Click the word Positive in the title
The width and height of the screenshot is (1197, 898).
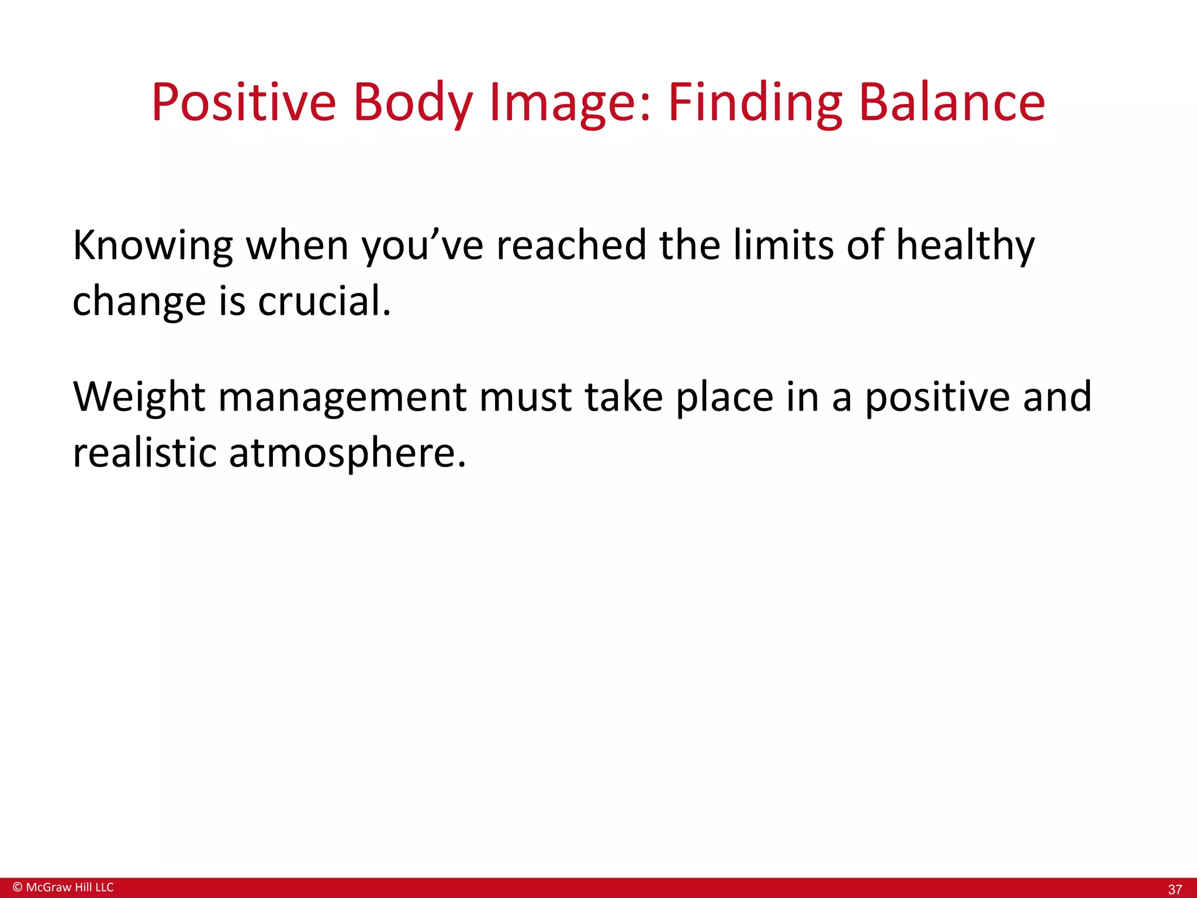(244, 103)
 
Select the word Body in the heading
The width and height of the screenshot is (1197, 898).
(412, 103)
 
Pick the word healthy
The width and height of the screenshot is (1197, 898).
(965, 246)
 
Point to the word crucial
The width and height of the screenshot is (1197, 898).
(324, 302)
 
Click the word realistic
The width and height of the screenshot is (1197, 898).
(144, 453)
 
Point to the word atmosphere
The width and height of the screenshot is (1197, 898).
(347, 453)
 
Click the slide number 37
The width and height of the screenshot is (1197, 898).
(1175, 889)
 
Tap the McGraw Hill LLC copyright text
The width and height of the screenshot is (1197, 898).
(63, 887)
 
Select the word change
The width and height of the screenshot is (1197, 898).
(139, 302)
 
